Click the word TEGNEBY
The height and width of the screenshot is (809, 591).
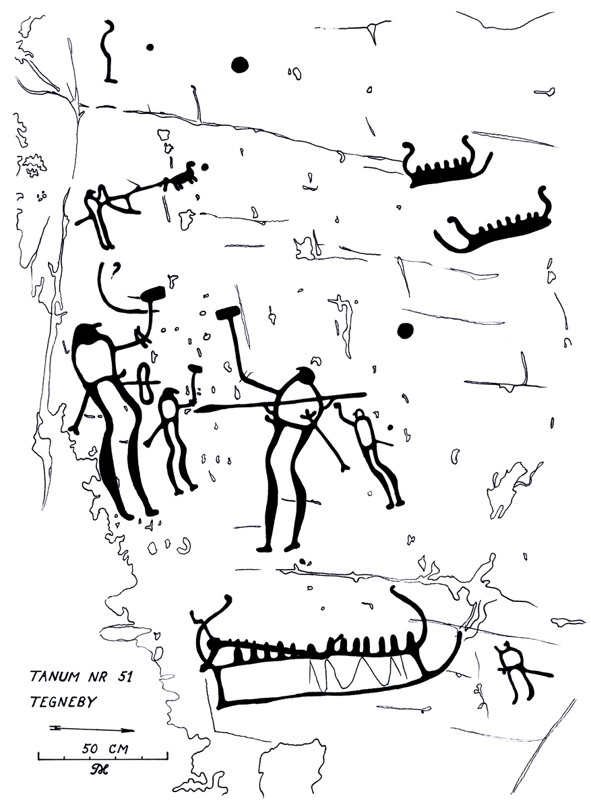coord(63,702)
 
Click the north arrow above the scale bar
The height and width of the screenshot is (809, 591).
coord(92,730)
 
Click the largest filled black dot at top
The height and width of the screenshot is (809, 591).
coord(240,65)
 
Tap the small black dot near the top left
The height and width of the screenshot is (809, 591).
coord(150,47)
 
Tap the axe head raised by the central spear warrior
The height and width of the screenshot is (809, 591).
coord(228,312)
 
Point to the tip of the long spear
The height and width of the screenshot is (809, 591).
coord(195,410)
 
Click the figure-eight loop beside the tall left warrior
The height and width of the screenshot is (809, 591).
coord(145,383)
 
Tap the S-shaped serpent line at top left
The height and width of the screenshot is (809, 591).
coord(108,51)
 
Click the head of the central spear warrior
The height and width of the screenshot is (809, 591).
coord(306,376)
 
